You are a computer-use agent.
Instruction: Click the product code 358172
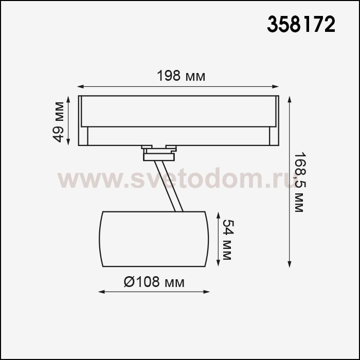[301, 24]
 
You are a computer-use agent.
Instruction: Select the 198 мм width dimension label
[181, 76]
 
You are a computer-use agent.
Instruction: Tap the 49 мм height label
[58, 122]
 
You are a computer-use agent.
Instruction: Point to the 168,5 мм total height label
[299, 182]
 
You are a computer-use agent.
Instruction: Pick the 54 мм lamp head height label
[228, 240]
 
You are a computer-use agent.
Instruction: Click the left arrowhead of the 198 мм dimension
[80, 86]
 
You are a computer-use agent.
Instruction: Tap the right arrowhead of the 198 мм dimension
[276, 86]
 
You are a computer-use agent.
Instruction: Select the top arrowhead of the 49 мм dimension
[68, 100]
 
